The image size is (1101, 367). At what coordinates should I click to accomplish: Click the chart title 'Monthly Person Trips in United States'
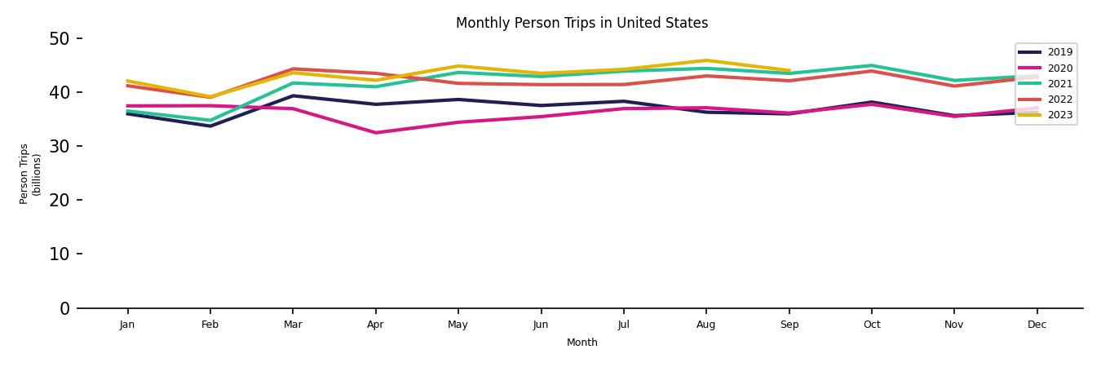click(x=581, y=23)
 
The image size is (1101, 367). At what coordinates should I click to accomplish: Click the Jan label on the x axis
click(x=127, y=325)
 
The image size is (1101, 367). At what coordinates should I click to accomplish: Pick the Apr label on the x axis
click(x=375, y=325)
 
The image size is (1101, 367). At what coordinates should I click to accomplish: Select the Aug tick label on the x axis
click(x=706, y=325)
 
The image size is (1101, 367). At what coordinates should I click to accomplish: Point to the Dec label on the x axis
click(x=1037, y=325)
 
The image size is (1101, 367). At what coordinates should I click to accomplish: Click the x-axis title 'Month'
click(x=582, y=343)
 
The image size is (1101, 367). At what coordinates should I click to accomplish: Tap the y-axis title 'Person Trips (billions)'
click(x=30, y=174)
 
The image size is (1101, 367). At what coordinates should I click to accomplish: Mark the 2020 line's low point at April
click(x=375, y=133)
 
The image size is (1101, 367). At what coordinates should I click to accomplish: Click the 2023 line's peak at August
click(x=706, y=60)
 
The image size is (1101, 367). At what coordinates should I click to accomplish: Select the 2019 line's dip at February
click(x=210, y=126)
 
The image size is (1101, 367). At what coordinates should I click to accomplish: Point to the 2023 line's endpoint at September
click(x=789, y=71)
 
